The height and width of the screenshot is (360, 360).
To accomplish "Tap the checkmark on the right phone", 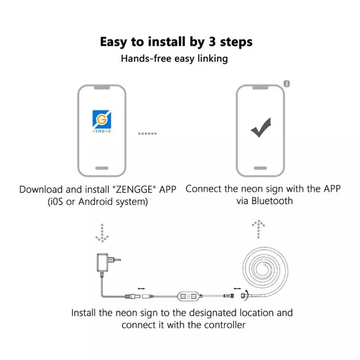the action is pos(261,128).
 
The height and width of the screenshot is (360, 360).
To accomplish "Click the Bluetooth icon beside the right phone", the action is pos(286,84).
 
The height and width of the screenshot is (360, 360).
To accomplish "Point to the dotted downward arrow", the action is pos(102,233).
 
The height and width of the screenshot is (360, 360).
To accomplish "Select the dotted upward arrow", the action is pos(259,229).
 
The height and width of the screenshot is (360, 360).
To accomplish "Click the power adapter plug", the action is pos(109,263).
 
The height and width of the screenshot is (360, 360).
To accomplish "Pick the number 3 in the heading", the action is pos(213,42).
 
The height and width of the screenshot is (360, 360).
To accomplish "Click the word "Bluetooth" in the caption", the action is pos(272,201).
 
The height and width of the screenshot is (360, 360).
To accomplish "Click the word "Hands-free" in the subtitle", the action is pos(146,58).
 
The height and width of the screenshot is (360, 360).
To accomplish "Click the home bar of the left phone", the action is pos(102,168).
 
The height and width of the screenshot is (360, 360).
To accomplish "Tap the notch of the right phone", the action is pos(260,88).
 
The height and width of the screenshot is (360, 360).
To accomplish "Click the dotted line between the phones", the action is pos(147,134).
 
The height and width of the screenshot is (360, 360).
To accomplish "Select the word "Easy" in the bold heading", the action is pos(114,42).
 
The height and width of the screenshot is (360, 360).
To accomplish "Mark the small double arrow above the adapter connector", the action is pos(141,289).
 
